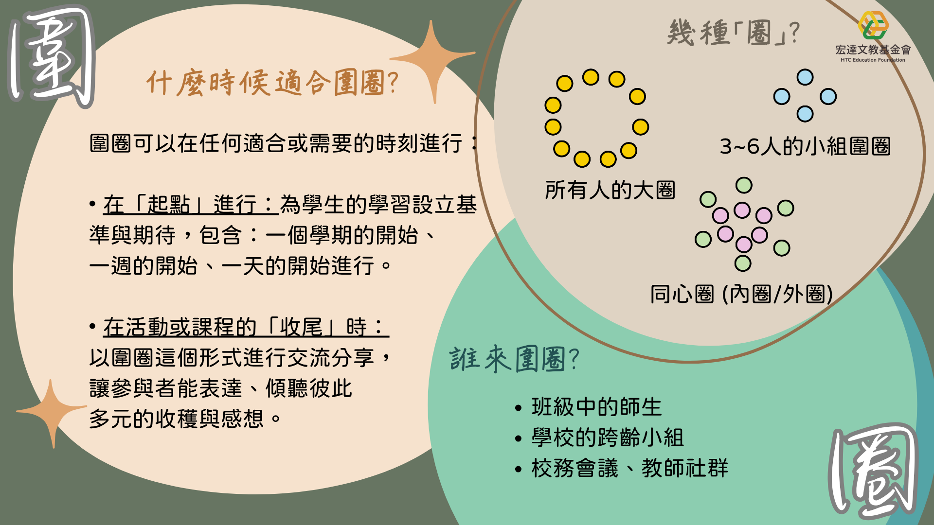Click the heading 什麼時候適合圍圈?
point(272,82)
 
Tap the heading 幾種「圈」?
point(734,33)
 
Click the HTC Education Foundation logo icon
point(873,25)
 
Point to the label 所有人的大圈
point(610,190)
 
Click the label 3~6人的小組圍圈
point(805,146)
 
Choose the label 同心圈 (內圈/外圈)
point(741,294)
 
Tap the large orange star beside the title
point(432,59)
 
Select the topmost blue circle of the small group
point(805,77)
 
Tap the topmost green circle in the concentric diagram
point(744,185)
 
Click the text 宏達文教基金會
point(873,50)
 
